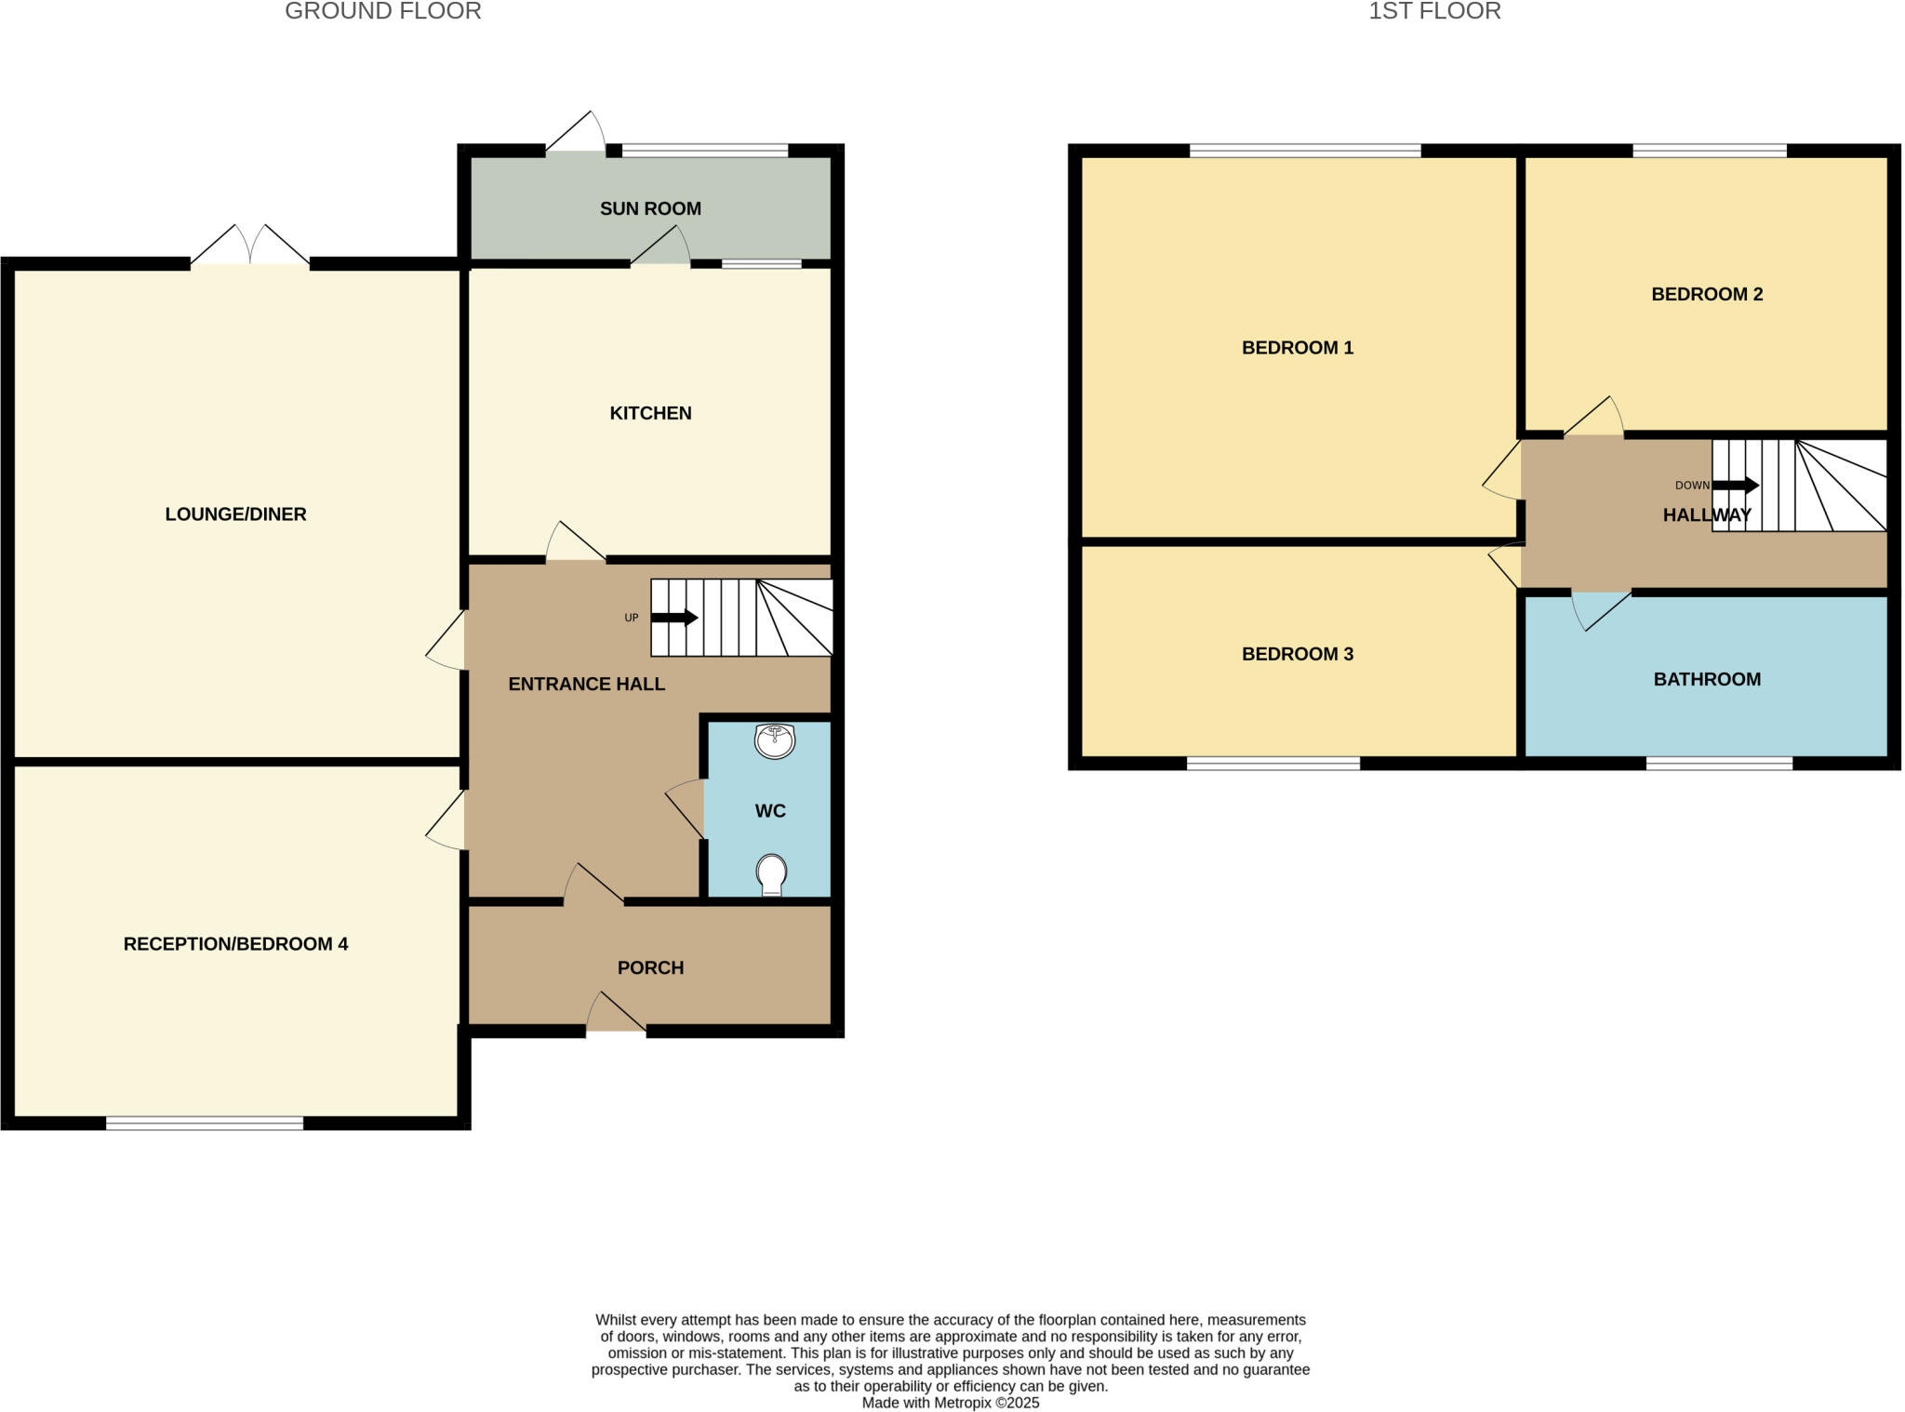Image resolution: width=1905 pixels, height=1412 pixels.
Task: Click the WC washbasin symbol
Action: [774, 741]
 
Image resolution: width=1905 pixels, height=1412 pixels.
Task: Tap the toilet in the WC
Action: [771, 874]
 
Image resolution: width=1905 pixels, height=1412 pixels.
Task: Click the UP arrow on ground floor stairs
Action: [674, 618]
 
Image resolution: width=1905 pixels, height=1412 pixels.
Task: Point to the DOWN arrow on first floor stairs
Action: [1735, 486]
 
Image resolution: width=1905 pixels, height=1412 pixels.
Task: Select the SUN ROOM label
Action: [650, 208]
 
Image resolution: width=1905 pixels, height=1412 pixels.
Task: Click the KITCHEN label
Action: [650, 413]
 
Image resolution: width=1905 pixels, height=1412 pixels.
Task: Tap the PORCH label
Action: [650, 967]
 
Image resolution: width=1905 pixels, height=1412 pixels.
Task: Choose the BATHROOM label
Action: [1706, 679]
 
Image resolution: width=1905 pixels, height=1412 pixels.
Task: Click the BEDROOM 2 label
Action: [1706, 294]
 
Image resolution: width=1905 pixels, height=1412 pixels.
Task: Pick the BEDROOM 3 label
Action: [1297, 654]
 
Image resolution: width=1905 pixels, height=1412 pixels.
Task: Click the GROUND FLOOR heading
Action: [382, 11]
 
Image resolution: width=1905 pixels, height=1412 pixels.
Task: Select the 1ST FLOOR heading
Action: [1434, 11]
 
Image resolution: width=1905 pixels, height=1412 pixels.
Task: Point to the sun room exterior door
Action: [576, 135]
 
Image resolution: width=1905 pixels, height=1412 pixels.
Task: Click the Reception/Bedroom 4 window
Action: [205, 1123]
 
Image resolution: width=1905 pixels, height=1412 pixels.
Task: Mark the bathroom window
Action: [1719, 764]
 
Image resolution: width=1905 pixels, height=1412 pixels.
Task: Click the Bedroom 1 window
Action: [1305, 151]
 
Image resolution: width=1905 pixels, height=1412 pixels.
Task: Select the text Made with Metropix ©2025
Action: [950, 1403]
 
